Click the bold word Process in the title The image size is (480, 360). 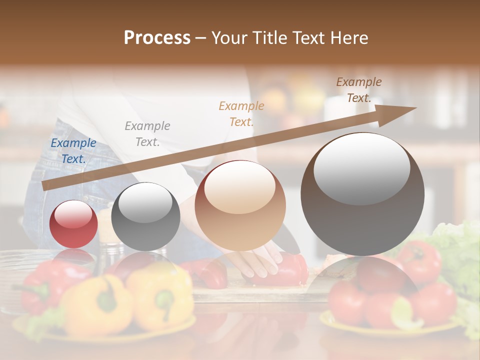point(157,38)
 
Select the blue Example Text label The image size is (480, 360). point(73,151)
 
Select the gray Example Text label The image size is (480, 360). point(147,134)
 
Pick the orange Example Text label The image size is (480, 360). point(241,113)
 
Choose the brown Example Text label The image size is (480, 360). point(359,90)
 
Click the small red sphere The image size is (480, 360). point(74,224)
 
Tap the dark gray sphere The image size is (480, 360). point(145,216)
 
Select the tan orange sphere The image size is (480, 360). point(240,206)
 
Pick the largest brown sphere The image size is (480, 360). point(362,194)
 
